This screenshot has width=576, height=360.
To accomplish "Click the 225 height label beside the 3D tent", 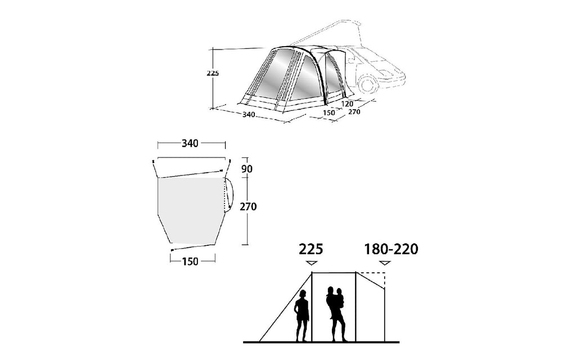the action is pos(213,73).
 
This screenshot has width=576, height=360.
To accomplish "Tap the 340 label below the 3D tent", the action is pos(249,115).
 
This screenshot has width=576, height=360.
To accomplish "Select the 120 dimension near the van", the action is pos(347,104).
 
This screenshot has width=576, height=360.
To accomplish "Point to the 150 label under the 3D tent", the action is pos(329,112).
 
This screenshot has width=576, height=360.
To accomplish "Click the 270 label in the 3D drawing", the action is pos(354,112).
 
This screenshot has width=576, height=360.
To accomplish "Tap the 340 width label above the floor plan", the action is pos(190,143).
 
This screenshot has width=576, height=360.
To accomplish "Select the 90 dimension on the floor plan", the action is pos(247,169).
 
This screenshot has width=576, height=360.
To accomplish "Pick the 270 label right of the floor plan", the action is pos(248,207).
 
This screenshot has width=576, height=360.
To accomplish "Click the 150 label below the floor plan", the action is pos(190,262).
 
